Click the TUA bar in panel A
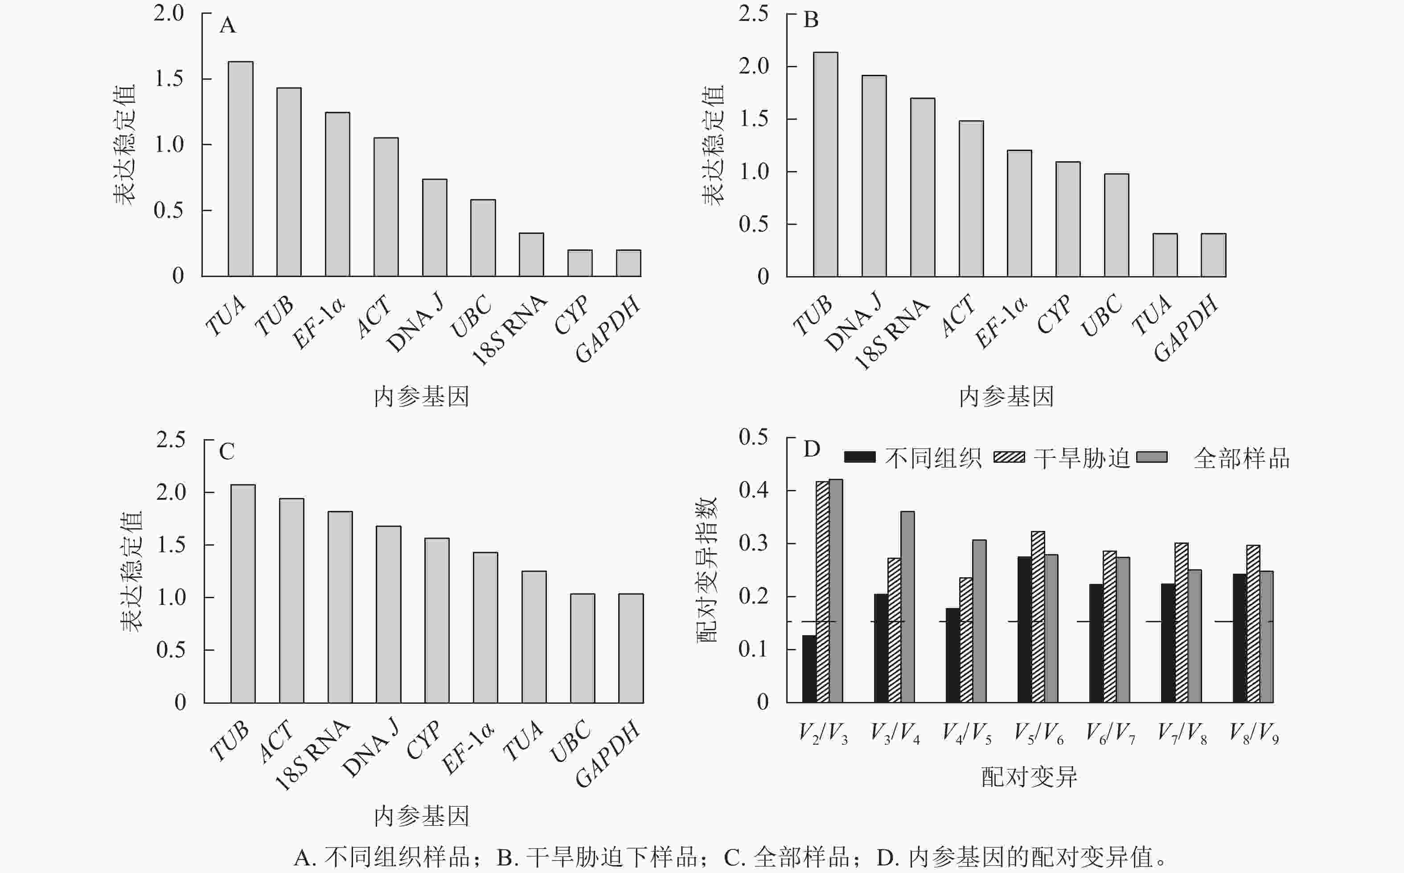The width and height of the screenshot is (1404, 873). (240, 169)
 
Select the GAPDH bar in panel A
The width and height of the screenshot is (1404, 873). (628, 263)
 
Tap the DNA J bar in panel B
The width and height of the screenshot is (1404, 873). (874, 176)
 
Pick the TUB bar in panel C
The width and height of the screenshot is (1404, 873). (242, 594)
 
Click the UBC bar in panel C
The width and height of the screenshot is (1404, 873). (583, 648)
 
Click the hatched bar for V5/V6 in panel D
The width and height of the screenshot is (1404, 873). (1038, 616)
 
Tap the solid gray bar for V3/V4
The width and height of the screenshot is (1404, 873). (907, 606)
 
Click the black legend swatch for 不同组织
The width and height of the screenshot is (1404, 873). (859, 457)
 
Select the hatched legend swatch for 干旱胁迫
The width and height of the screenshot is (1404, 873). (1009, 457)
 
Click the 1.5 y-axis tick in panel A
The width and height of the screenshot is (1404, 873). (169, 78)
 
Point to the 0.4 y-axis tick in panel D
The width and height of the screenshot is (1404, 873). (753, 490)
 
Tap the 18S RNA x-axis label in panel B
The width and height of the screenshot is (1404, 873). (891, 335)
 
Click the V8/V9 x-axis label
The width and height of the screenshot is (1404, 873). (1254, 733)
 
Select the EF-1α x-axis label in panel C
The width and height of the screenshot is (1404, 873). (468, 749)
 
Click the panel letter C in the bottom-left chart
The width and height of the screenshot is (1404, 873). (226, 452)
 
